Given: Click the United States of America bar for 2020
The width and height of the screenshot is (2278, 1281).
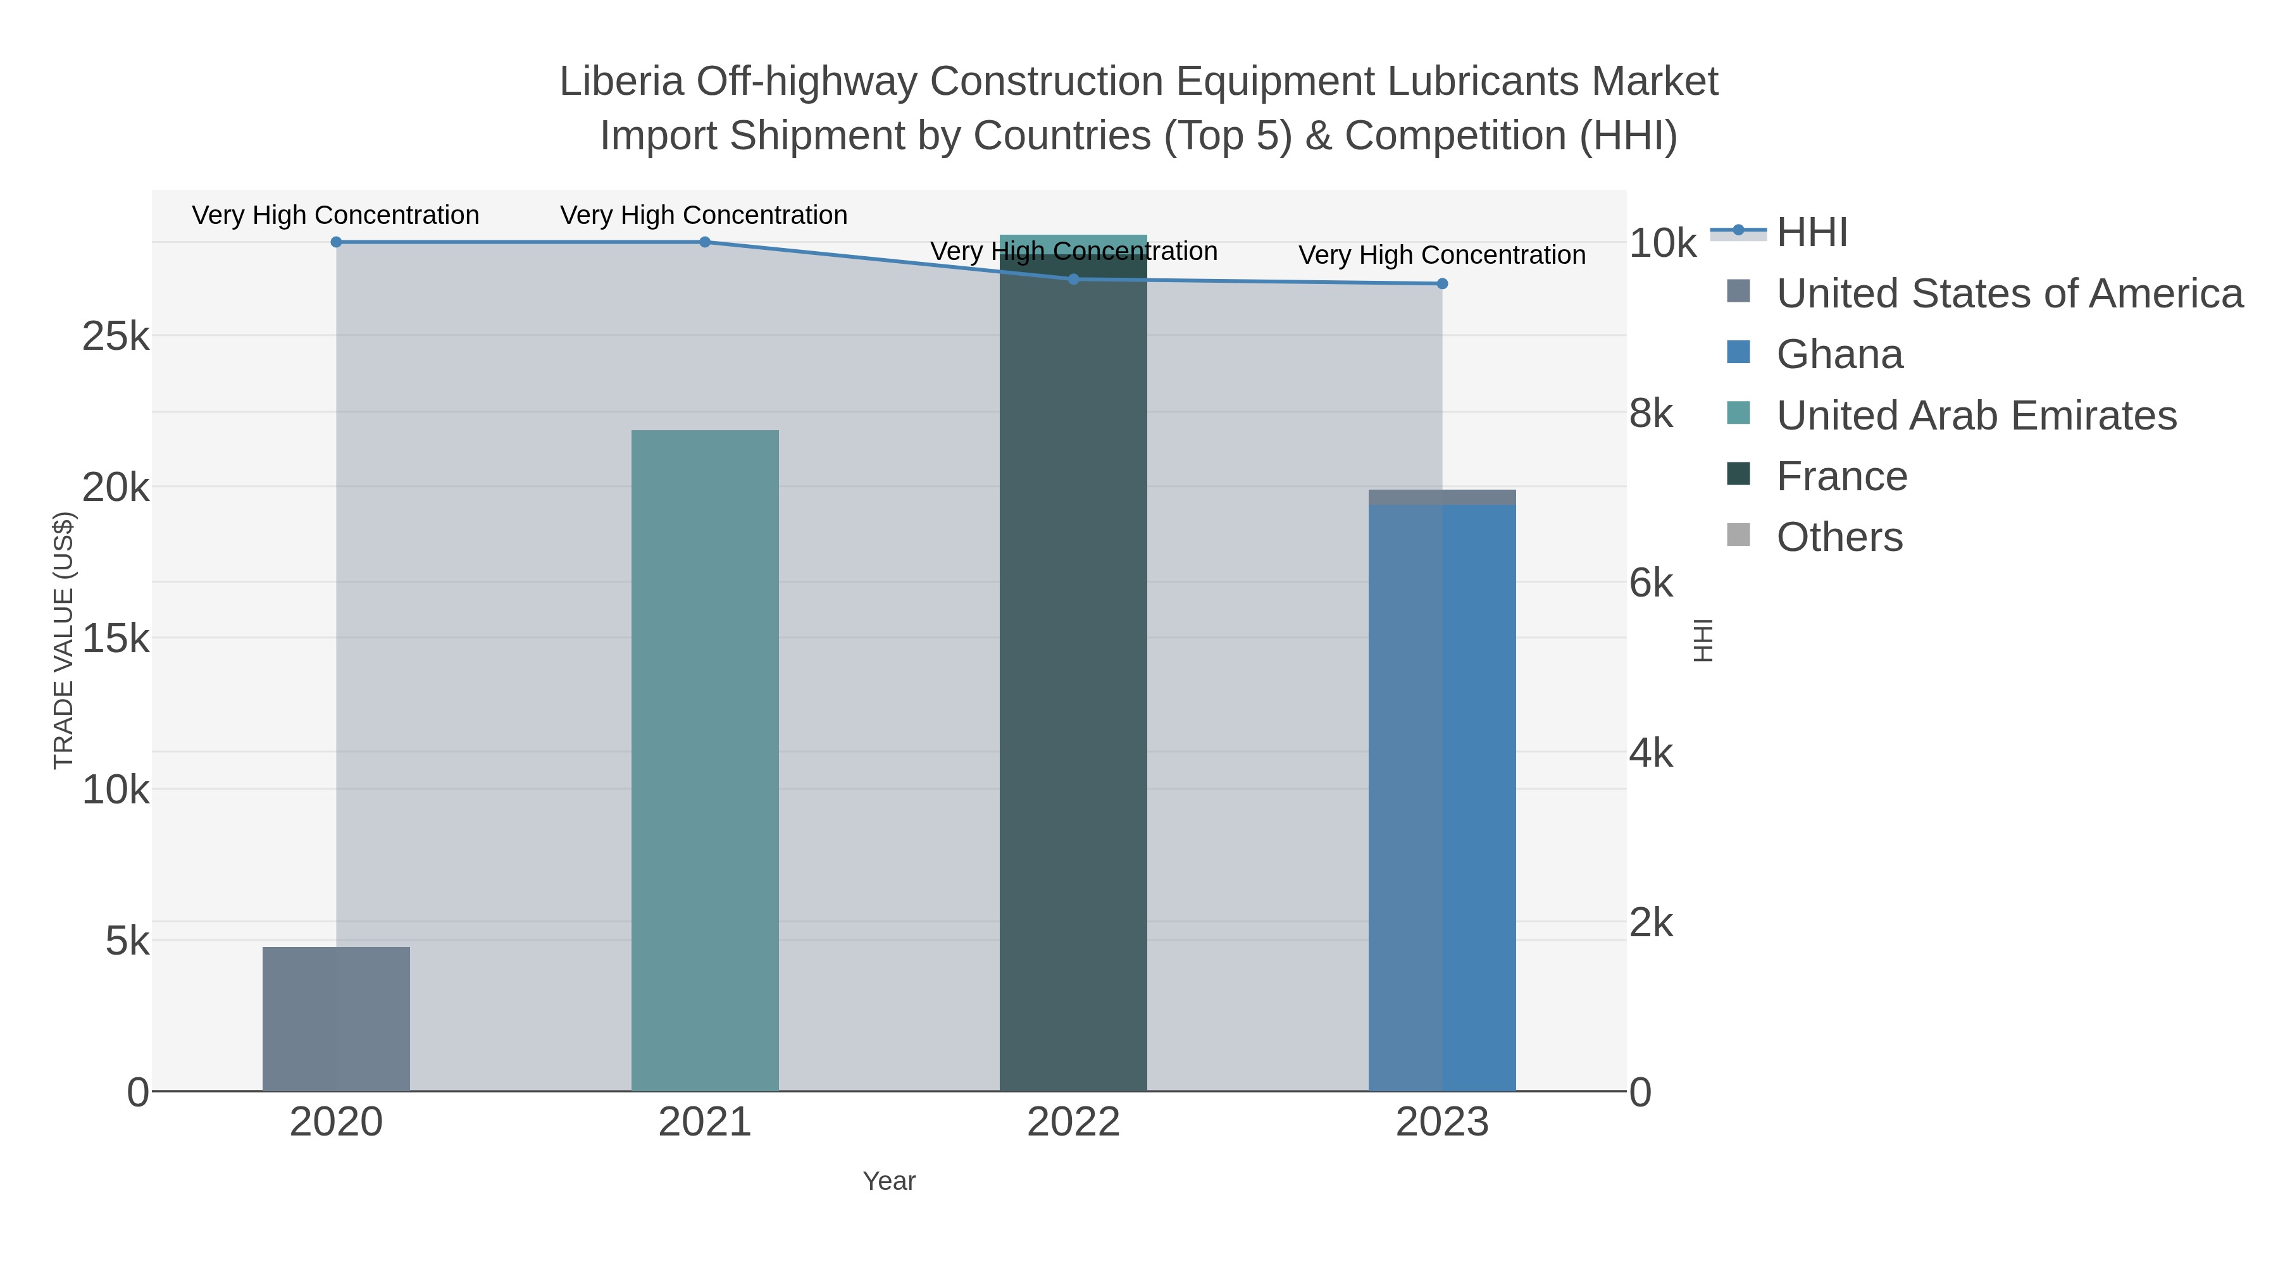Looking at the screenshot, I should point(336,1018).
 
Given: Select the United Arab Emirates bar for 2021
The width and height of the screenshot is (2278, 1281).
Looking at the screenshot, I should point(705,760).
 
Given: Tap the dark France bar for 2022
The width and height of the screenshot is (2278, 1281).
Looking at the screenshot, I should point(1073,672).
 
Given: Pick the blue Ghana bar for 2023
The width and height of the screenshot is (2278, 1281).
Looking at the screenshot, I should point(1442,796).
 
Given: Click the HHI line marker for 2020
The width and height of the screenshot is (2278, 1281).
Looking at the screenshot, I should point(336,242).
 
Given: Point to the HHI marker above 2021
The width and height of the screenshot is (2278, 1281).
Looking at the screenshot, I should point(705,242).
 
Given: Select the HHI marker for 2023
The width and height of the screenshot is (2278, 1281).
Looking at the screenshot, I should point(1442,284).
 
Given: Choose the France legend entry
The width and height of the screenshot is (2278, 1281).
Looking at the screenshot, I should point(1841,476).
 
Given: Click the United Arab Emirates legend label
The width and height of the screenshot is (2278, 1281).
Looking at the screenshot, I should point(1976,416).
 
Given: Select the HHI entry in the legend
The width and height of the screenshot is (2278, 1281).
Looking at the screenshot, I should point(1811,233).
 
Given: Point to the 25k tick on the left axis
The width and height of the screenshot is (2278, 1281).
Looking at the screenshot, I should point(116,337).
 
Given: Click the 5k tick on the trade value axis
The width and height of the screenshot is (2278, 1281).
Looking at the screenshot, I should point(127,941).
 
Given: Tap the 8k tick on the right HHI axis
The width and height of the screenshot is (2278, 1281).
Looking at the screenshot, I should point(1651,414).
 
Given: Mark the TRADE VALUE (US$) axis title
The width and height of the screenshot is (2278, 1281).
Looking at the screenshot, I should point(64,640).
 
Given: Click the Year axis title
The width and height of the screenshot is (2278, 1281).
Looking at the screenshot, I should point(889,1181).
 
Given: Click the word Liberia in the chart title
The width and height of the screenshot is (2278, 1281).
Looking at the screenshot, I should point(621,82).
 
